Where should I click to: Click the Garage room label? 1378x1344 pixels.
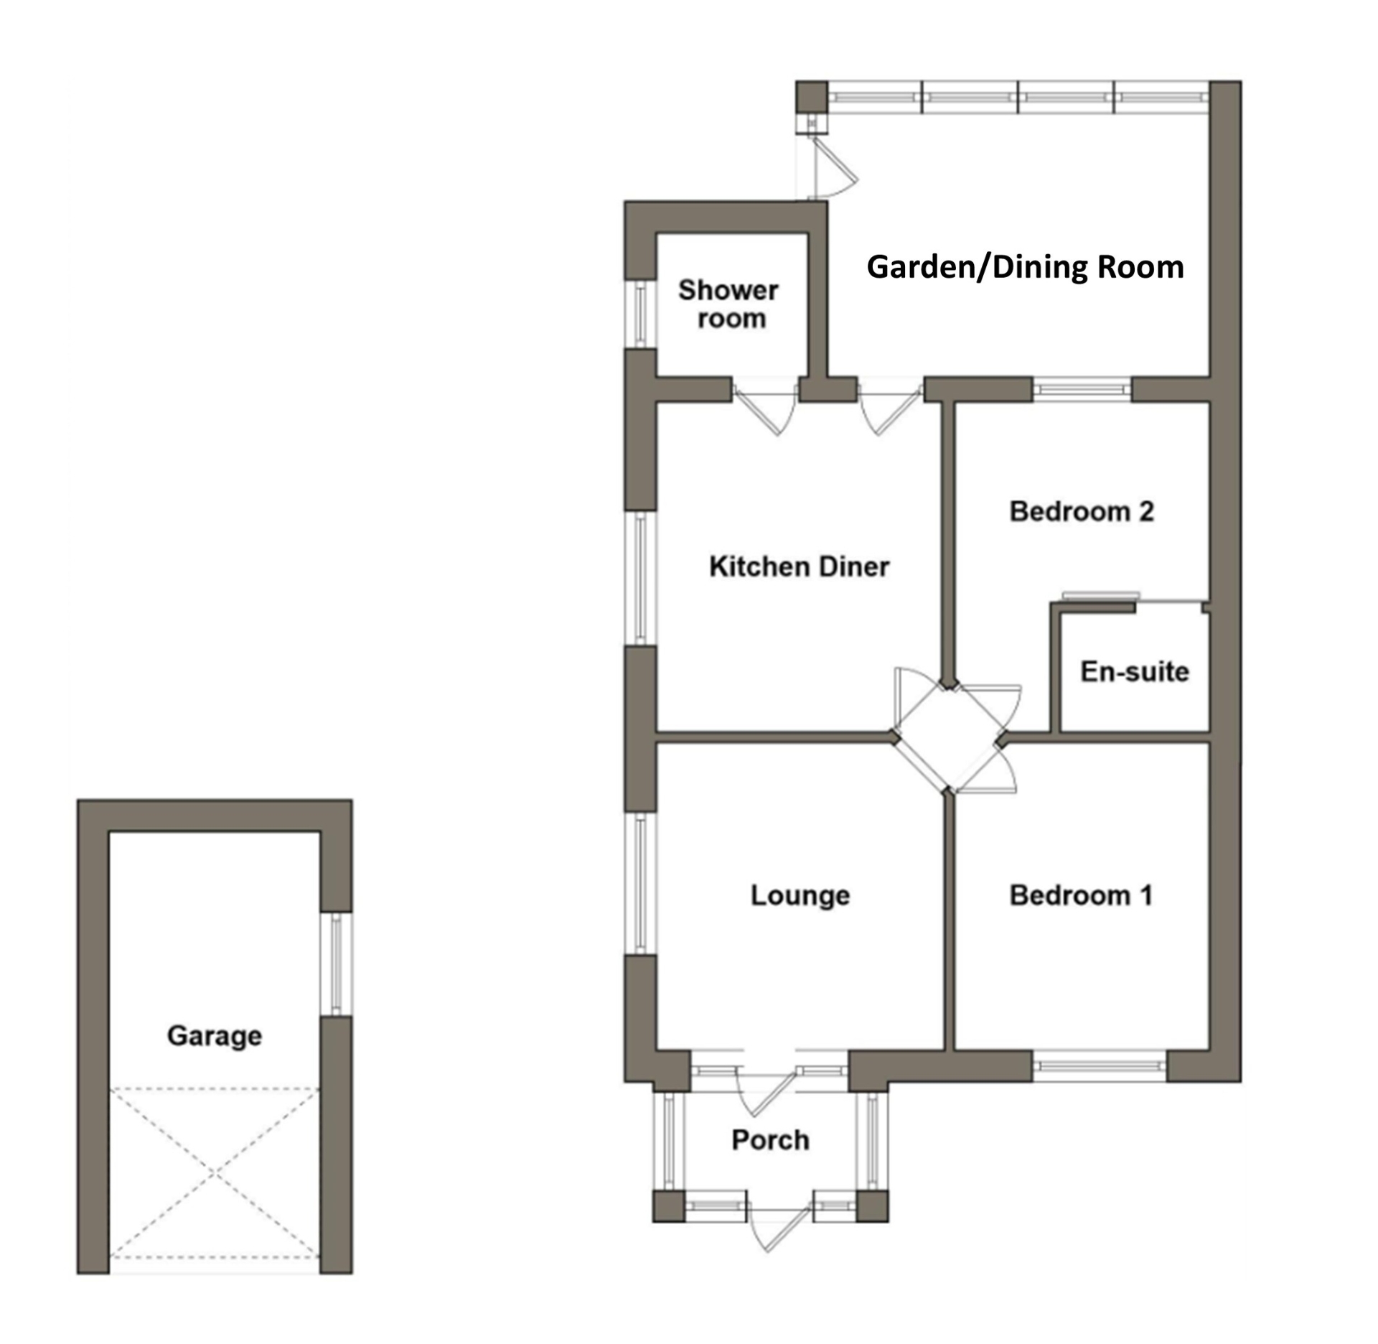click(x=214, y=1035)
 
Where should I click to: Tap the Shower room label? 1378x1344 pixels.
click(x=728, y=304)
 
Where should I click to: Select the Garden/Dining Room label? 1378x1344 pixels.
click(x=1025, y=267)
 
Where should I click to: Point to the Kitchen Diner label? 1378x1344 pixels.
click(x=799, y=566)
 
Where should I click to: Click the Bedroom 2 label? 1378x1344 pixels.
click(x=1082, y=511)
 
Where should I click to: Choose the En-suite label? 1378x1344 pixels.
click(x=1135, y=671)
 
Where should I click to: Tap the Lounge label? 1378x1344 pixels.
click(x=800, y=895)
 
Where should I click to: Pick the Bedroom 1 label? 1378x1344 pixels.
click(x=1081, y=895)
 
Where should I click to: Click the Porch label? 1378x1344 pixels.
click(x=770, y=1139)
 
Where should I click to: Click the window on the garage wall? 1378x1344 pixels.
click(x=336, y=963)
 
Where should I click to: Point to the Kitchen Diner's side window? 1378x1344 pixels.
click(x=641, y=578)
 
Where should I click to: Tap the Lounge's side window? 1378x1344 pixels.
click(x=641, y=883)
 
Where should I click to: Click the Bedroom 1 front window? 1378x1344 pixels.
click(x=1100, y=1066)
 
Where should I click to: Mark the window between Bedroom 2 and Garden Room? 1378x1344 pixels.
click(x=1082, y=389)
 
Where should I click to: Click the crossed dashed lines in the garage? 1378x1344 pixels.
click(x=214, y=1173)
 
